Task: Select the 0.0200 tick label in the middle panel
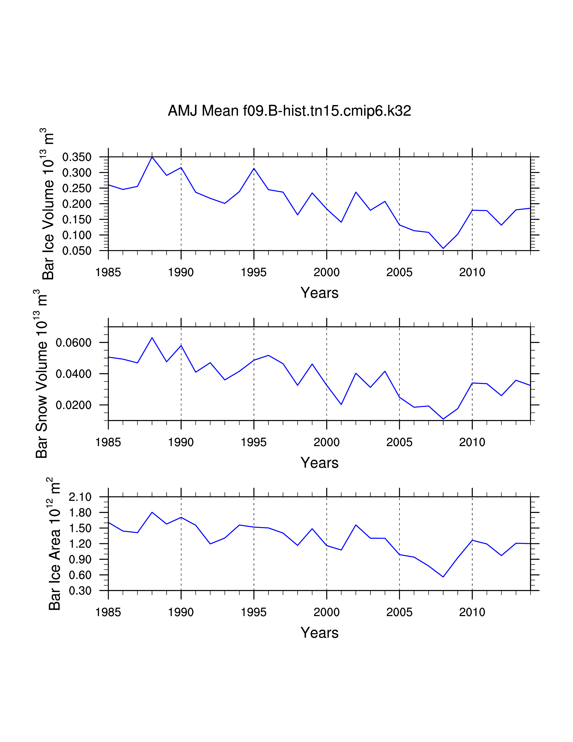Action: [x=74, y=405]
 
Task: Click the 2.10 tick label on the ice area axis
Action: [x=80, y=497]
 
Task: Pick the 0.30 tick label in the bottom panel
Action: [x=80, y=591]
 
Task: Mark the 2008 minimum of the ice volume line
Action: [x=443, y=248]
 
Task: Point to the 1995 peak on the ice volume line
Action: [x=254, y=168]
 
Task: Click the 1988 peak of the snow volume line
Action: [x=152, y=338]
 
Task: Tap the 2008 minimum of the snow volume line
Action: [x=443, y=419]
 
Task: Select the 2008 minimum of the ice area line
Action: [x=443, y=577]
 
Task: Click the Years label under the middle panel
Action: [x=320, y=463]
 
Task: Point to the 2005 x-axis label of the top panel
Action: [x=399, y=273]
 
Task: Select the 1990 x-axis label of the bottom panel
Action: [x=181, y=612]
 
